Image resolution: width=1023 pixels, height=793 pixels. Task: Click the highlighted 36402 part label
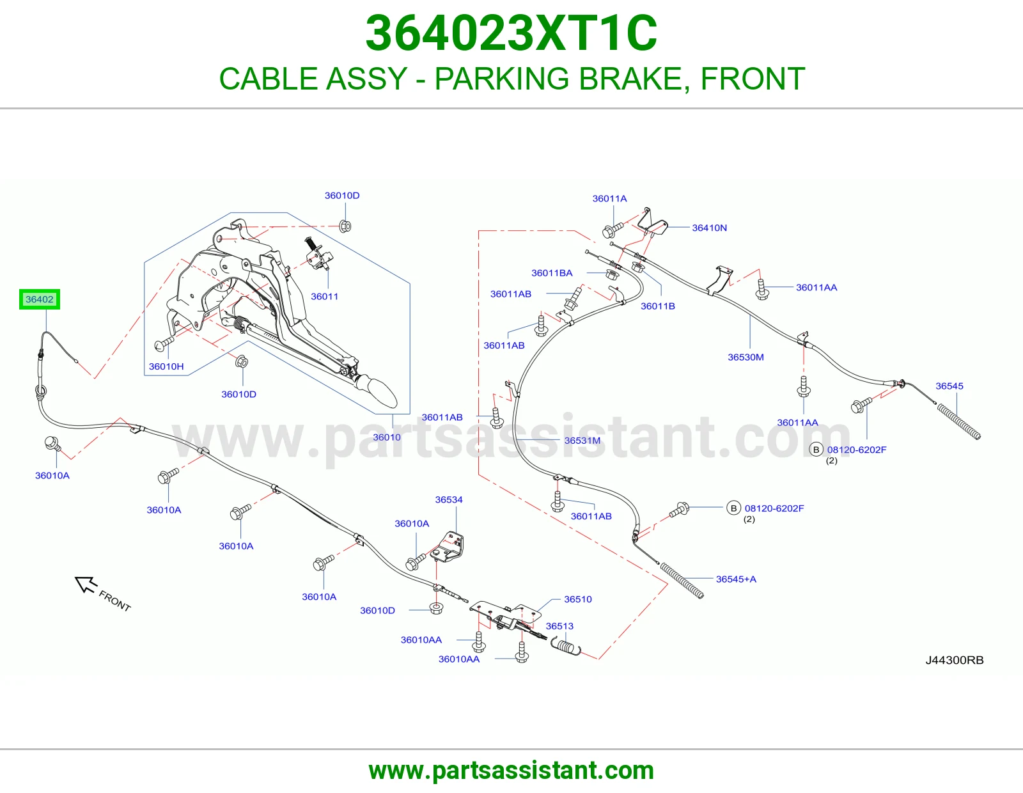40,299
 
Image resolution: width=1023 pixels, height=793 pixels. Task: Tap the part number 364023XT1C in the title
511,33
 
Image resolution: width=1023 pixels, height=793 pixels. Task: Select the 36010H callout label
166,366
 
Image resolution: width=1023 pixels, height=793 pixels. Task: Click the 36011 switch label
324,296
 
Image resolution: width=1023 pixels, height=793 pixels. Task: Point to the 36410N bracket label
710,228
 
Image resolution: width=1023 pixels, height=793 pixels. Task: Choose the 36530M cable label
746,357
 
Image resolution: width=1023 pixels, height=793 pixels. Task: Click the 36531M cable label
582,440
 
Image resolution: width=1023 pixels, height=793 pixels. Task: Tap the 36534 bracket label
449,499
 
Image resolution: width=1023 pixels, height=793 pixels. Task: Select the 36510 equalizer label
578,599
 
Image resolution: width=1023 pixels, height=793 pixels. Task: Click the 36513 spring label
559,626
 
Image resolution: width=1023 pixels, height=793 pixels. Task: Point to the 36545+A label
737,579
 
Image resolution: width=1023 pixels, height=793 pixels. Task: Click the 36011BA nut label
552,273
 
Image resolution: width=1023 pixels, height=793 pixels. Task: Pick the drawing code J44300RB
955,660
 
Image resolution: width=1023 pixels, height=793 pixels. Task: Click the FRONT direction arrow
86,585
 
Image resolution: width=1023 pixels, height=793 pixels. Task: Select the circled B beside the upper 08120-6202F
816,450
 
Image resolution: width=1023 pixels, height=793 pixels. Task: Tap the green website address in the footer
511,771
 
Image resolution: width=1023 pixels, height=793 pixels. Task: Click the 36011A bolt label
610,199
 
